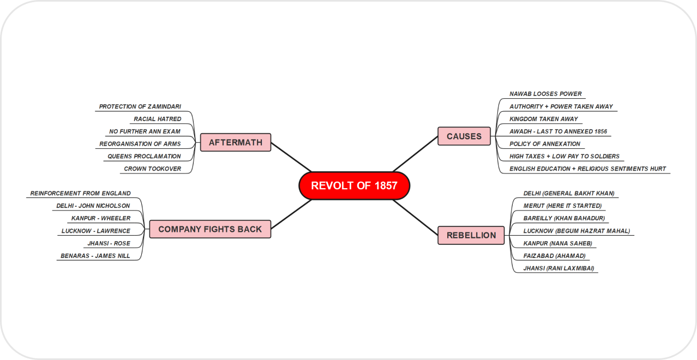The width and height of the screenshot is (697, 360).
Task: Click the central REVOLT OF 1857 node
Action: click(354, 185)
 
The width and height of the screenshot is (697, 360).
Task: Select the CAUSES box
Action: click(464, 136)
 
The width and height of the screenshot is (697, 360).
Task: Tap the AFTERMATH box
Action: click(236, 142)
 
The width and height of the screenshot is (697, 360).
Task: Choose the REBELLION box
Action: click(471, 235)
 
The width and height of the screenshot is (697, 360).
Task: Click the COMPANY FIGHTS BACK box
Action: click(210, 229)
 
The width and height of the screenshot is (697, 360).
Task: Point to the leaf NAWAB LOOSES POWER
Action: click(545, 94)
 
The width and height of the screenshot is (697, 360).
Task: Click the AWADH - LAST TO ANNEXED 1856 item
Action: click(558, 131)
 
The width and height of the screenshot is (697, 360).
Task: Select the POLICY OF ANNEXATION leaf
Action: click(545, 144)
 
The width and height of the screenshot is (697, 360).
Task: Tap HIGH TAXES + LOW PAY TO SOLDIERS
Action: click(564, 157)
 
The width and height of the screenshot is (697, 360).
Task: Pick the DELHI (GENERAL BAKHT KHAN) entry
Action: click(569, 194)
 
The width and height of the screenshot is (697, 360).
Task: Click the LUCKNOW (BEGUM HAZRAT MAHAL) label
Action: click(576, 231)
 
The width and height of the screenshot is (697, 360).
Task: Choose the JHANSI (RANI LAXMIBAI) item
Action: click(558, 268)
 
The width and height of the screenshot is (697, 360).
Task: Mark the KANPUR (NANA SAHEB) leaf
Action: click(557, 243)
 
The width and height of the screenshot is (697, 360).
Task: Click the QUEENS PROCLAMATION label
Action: click(144, 157)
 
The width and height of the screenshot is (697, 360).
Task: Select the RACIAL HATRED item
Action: click(158, 119)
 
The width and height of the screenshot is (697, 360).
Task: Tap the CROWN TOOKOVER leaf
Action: click(152, 169)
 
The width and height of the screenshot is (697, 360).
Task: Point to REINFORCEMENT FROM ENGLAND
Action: click(80, 194)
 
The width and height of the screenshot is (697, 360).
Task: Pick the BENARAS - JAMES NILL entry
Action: click(95, 256)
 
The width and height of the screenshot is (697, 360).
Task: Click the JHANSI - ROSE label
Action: click(109, 243)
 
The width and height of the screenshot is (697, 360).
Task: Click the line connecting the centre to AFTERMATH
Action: click(291, 157)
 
